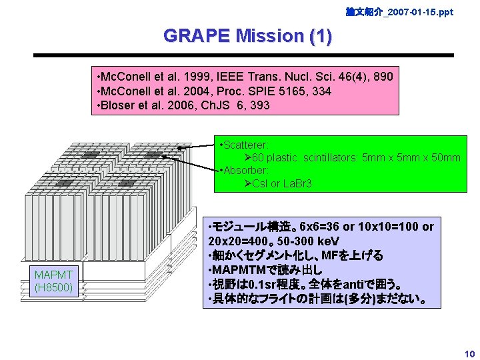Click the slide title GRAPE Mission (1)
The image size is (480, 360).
tap(247, 35)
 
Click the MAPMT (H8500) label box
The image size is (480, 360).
tap(55, 281)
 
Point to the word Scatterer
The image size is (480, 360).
tap(245, 145)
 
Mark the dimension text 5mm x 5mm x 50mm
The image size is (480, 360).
tap(409, 157)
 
